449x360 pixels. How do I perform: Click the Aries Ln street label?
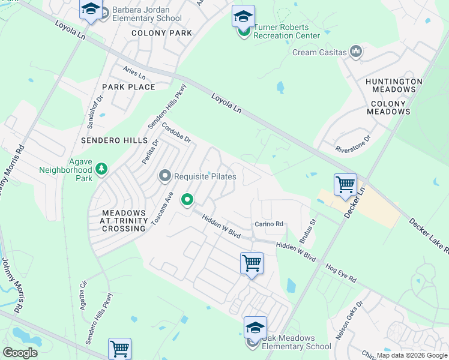[x=134, y=74]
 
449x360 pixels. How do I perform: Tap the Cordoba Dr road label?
[x=176, y=133]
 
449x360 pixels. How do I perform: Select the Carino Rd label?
[x=268, y=224]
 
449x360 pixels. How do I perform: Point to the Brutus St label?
[x=309, y=230]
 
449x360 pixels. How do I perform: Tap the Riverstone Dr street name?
[x=354, y=141]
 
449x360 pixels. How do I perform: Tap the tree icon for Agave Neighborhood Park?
[x=102, y=170]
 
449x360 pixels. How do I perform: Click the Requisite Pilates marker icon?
[x=165, y=176]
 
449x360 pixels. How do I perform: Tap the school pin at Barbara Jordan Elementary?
[x=91, y=10]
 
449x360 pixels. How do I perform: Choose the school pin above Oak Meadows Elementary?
[x=255, y=328]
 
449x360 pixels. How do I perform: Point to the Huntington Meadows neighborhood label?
[x=394, y=85]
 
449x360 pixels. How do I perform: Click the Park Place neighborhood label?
[x=128, y=87]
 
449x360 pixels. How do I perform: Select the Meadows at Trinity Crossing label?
[x=124, y=221]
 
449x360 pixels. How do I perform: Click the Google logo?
[x=20, y=352]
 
